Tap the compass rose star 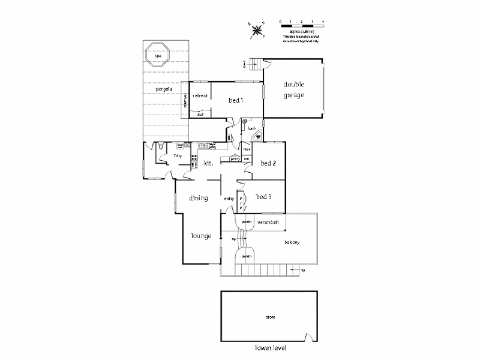coord(258,29)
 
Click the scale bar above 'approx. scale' coord(301,22)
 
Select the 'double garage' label coord(294,90)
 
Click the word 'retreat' coord(200,96)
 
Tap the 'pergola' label coord(163,89)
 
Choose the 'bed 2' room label coord(268,163)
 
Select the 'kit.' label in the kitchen coord(209,163)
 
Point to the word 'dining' coord(198,198)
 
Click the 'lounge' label coord(201,236)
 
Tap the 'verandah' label coord(268,223)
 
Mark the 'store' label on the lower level coord(270,316)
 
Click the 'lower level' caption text coord(269,348)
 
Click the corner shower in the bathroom coord(258,136)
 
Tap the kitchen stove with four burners coord(194,159)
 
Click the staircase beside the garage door coord(256,64)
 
